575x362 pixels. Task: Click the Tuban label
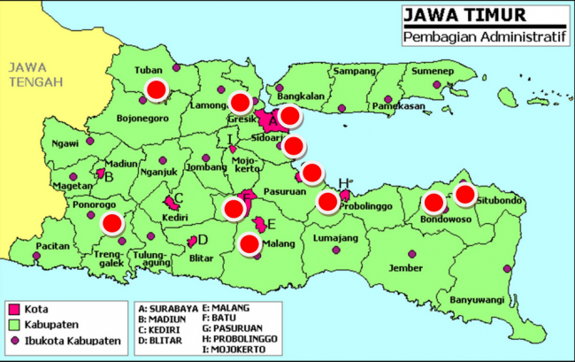149,70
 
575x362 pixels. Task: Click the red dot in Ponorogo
111,223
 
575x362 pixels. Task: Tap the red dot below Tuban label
157,89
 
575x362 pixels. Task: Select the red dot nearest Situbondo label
465,194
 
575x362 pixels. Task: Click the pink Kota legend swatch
13,309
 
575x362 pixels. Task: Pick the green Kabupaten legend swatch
13,325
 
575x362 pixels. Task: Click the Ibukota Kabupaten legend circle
13,342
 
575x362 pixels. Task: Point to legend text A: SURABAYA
169,310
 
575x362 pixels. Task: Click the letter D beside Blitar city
203,239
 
